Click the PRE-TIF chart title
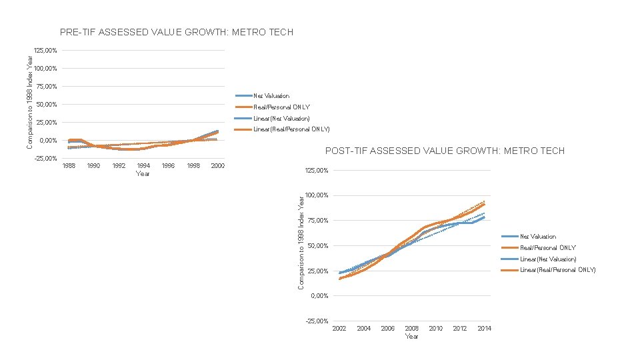pyautogui.click(x=176, y=32)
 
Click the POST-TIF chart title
pyautogui.click(x=445, y=151)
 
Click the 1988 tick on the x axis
pyautogui.click(x=69, y=165)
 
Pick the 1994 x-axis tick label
pyautogui.click(x=143, y=165)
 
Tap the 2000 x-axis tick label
pyautogui.click(x=217, y=165)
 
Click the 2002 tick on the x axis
pyautogui.click(x=339, y=328)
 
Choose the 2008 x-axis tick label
pyautogui.click(x=412, y=328)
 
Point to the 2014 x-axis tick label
pyautogui.click(x=485, y=328)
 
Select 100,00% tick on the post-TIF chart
pyautogui.click(x=317, y=195)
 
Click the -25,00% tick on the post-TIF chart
pyautogui.click(x=317, y=321)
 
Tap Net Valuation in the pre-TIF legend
pyautogui.click(x=271, y=96)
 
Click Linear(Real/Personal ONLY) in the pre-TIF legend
pyautogui.click(x=291, y=129)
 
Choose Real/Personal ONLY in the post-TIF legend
pyautogui.click(x=548, y=247)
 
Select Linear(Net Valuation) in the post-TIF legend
pyautogui.click(x=548, y=259)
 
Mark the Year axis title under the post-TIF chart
pyautogui.click(x=412, y=336)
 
